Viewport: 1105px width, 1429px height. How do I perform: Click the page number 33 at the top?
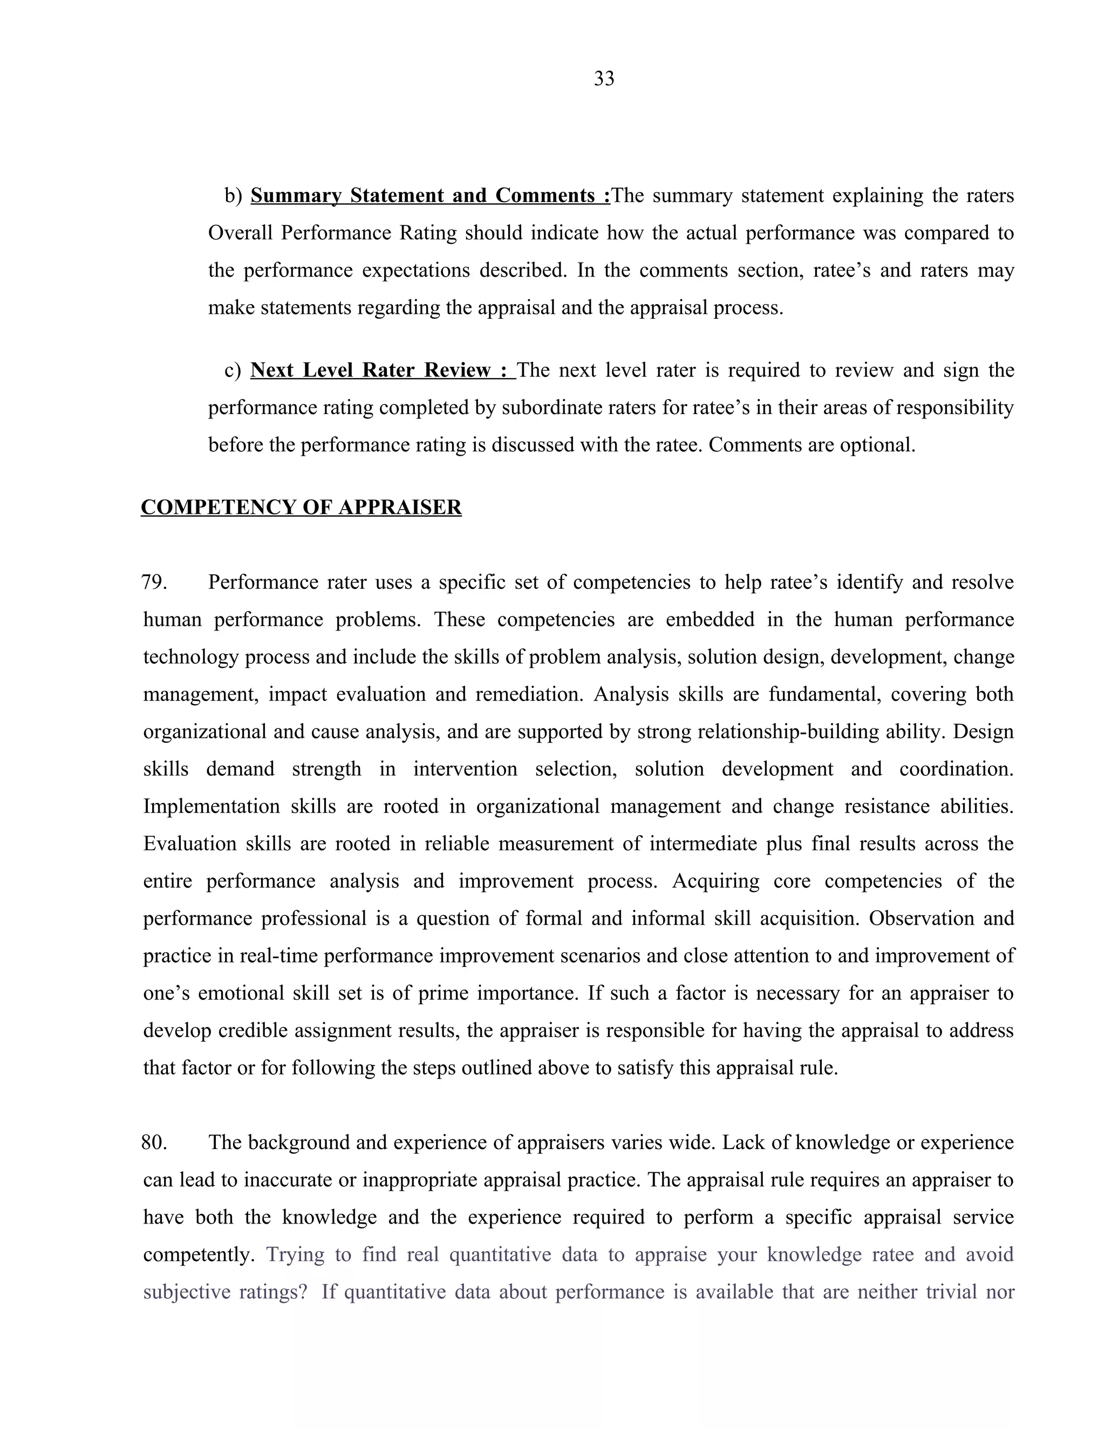coord(604,79)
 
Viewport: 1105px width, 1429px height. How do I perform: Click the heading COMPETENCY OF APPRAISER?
coord(301,507)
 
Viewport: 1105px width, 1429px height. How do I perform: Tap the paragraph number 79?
coord(154,582)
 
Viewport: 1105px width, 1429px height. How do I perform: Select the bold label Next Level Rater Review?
coord(379,370)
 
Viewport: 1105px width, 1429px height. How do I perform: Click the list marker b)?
coord(233,196)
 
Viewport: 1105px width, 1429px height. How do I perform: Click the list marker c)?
coord(233,370)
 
